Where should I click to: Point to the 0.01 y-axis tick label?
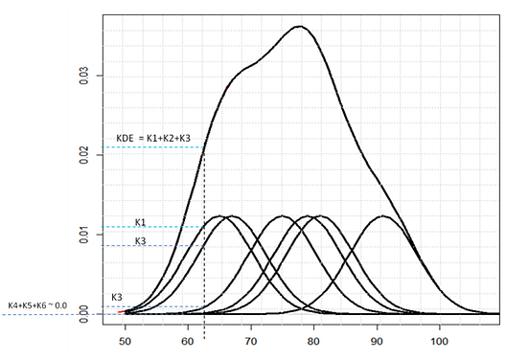click(x=85, y=234)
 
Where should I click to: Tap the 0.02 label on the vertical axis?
click(x=85, y=154)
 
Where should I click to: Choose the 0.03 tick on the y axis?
click(x=85, y=75)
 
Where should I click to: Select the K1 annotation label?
click(x=141, y=221)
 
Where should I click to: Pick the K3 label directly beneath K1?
click(x=141, y=240)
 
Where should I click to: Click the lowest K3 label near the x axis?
click(x=117, y=298)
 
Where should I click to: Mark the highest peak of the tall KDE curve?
click(x=299, y=27)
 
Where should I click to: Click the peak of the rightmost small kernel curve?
click(x=384, y=216)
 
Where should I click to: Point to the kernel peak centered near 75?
click(x=282, y=216)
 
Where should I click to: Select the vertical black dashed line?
click(x=204, y=239)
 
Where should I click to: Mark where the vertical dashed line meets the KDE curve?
click(x=204, y=146)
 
